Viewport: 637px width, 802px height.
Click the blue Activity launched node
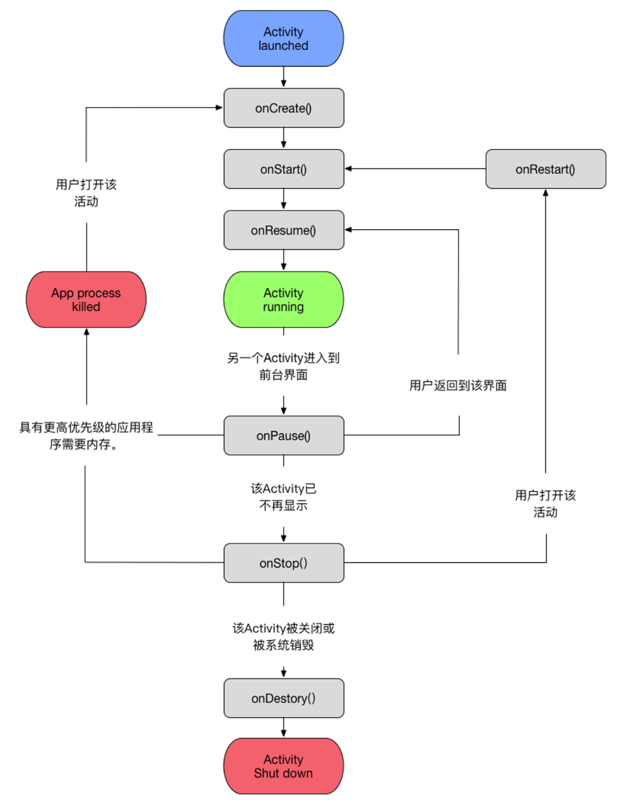pyautogui.click(x=283, y=39)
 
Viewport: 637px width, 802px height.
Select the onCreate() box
pyautogui.click(x=283, y=108)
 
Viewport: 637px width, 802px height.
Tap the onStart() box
pyautogui.click(x=283, y=170)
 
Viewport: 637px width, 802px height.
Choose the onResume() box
pyautogui.click(x=283, y=230)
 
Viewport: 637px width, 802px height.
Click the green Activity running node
pyautogui.click(x=283, y=300)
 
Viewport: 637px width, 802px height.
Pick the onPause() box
pyautogui.click(x=283, y=436)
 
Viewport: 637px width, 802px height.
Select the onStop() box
pyautogui.click(x=283, y=563)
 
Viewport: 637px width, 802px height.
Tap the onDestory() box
pyautogui.click(x=283, y=698)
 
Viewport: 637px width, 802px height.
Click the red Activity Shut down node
pyautogui.click(x=283, y=767)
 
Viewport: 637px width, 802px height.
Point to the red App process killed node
pyautogui.click(x=86, y=300)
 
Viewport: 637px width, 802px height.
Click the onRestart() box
pyautogui.click(x=546, y=170)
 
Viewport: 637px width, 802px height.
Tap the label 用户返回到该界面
pyautogui.click(x=458, y=385)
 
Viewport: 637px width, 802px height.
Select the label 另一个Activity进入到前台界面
pyautogui.click(x=283, y=367)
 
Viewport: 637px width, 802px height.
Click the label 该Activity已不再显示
pyautogui.click(x=283, y=497)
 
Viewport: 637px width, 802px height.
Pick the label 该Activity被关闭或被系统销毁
pyautogui.click(x=283, y=636)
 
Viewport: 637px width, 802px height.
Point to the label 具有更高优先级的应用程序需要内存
pyautogui.click(x=86, y=435)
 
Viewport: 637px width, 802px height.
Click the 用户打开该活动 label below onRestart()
pyautogui.click(x=546, y=504)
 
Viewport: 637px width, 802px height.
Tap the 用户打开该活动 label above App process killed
pyautogui.click(x=86, y=193)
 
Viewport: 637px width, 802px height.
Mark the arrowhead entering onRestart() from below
pyautogui.click(x=546, y=193)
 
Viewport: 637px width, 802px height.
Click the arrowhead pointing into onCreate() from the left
pyautogui.click(x=219, y=108)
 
